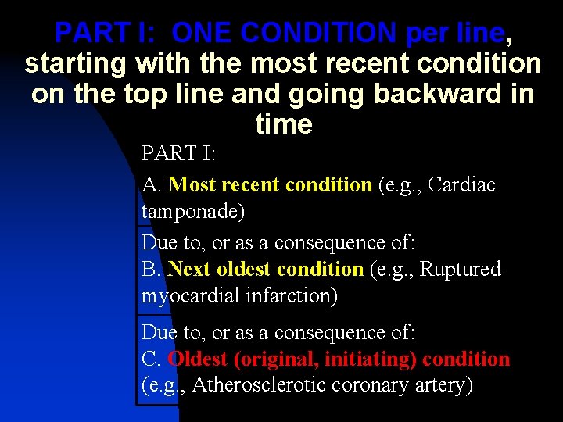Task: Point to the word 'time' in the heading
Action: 283,124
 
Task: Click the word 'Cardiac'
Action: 462,185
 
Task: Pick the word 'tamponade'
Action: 189,212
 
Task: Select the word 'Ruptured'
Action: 461,270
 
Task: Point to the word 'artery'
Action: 443,385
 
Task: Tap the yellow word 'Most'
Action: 192,185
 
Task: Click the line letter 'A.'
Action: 152,185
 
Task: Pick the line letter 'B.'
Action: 151,270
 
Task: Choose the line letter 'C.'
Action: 152,359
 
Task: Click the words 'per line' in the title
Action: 455,33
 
